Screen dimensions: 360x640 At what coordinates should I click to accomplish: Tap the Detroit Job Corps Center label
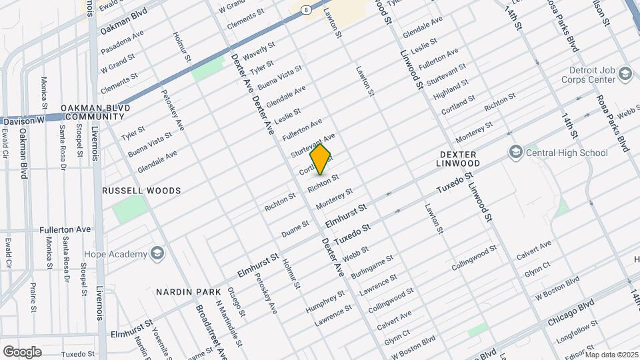[x=591, y=75]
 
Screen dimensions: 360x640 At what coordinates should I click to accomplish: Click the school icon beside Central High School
[x=515, y=153]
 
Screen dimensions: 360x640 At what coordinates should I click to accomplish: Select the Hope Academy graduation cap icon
[x=157, y=254]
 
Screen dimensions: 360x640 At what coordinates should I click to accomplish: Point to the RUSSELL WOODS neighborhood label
[x=141, y=191]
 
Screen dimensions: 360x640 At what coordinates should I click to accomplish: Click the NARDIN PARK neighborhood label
[x=187, y=292]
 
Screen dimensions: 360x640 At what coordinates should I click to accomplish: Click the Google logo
[x=22, y=352]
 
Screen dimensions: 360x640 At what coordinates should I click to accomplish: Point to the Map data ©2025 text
[x=611, y=355]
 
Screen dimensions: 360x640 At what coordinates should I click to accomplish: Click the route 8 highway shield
[x=305, y=9]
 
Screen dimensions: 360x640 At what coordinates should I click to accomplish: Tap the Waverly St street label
[x=259, y=50]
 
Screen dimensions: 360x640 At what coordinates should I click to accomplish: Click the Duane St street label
[x=295, y=228]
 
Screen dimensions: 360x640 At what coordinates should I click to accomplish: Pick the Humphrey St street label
[x=325, y=301]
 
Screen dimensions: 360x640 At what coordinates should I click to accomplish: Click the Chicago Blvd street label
[x=571, y=313]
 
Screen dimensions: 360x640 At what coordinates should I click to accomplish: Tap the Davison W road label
[x=22, y=121]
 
